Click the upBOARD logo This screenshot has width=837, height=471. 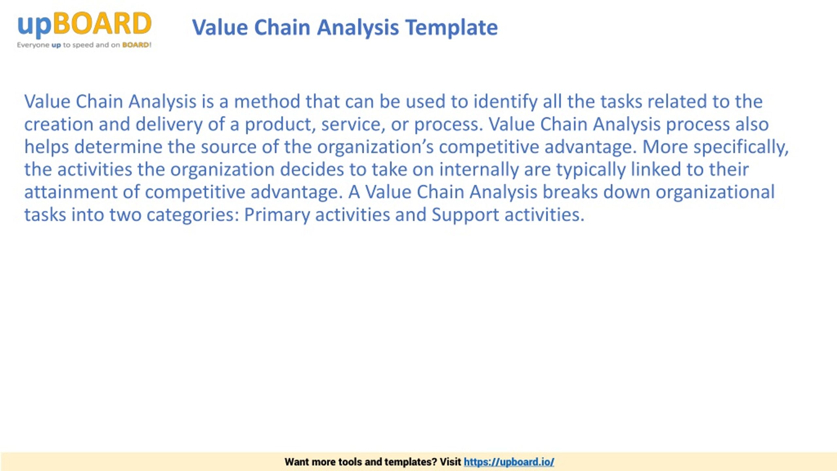tap(84, 30)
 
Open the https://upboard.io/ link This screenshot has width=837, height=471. tap(509, 462)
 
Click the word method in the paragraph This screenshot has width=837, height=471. tap(267, 101)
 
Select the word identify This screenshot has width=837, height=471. tap(505, 102)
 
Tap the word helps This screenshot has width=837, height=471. tap(47, 147)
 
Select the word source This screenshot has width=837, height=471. tap(229, 147)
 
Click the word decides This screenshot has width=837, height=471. tap(312, 170)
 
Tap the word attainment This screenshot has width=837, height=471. tap(71, 192)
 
